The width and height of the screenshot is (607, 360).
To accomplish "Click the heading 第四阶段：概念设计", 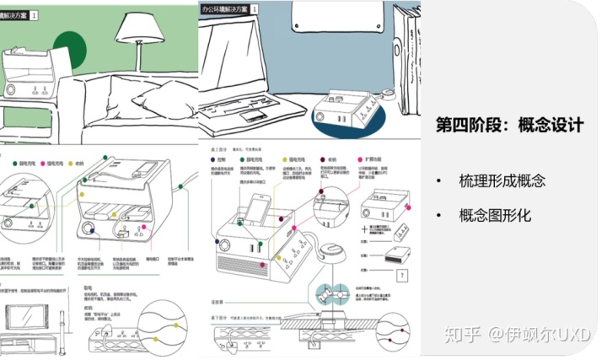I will point(510,124).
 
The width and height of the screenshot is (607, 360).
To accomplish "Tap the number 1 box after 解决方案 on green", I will point(35,15).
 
